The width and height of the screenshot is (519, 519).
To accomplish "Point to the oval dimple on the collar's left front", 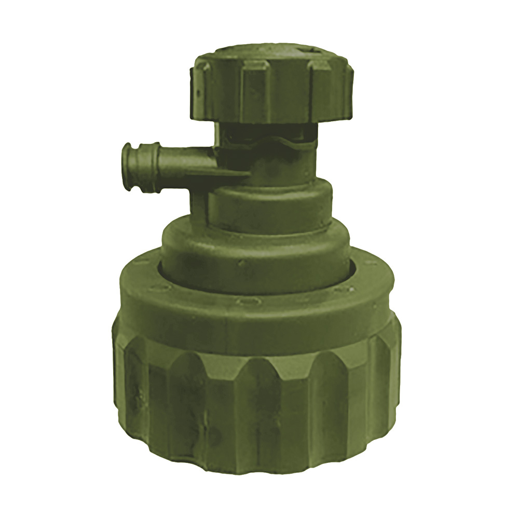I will (x=158, y=286).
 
